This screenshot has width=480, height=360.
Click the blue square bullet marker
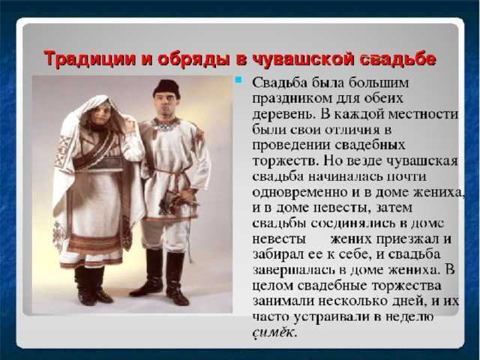238,80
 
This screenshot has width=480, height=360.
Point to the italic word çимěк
274,332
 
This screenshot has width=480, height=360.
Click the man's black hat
166,87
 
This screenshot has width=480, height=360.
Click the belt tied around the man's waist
169,172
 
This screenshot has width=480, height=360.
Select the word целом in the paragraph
272,286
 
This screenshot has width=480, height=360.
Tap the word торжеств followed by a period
285,161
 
